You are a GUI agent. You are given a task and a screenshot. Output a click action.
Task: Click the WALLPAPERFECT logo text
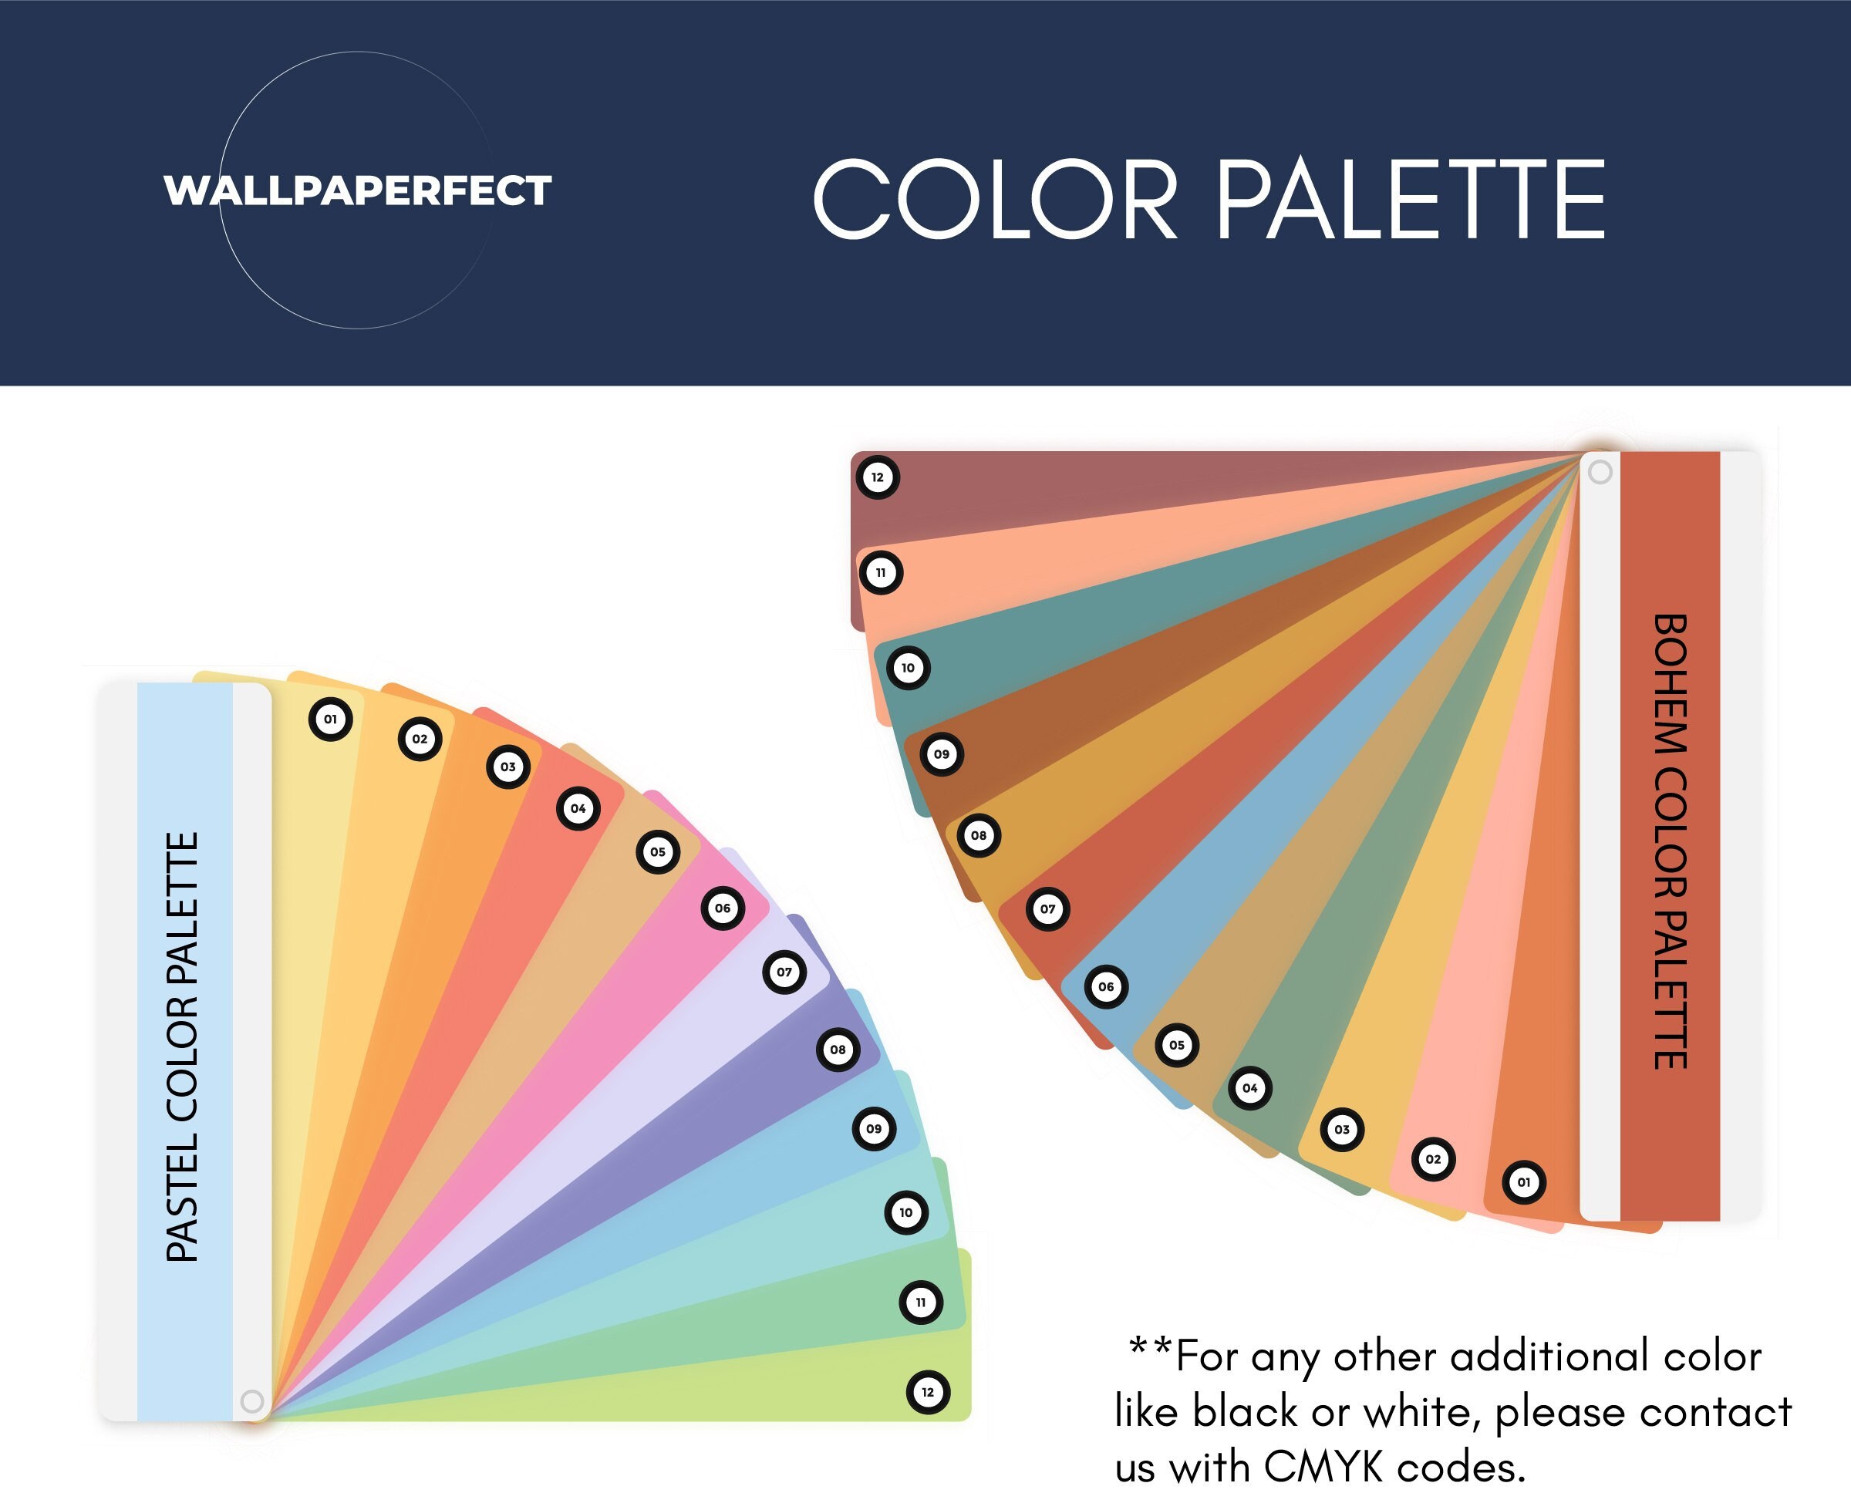click(x=357, y=190)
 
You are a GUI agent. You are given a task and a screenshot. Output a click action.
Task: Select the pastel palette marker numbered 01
click(x=330, y=719)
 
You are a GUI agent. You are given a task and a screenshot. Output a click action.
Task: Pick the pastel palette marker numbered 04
click(x=578, y=808)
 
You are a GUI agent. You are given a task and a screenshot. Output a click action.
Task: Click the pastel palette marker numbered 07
click(x=784, y=972)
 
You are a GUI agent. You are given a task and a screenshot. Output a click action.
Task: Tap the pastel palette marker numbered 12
click(x=928, y=1393)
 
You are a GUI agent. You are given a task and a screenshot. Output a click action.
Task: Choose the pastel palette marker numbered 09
click(x=874, y=1128)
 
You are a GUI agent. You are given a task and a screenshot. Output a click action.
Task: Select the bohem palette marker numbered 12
click(x=878, y=477)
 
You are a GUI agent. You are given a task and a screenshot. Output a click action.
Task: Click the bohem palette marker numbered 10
click(x=909, y=667)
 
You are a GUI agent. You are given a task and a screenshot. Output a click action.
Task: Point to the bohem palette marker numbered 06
click(x=1106, y=986)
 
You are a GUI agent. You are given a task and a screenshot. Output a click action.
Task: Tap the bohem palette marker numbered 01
click(x=1524, y=1181)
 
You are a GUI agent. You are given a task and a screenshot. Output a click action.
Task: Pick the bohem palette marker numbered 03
click(x=1342, y=1129)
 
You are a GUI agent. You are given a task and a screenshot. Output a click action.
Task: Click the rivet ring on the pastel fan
click(x=252, y=1401)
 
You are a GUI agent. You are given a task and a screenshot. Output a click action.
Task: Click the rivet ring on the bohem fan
click(x=1600, y=472)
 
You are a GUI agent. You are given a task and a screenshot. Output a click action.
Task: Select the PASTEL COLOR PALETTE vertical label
click(x=182, y=1046)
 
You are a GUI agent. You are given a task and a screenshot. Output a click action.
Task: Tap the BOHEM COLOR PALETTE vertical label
click(x=1671, y=841)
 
